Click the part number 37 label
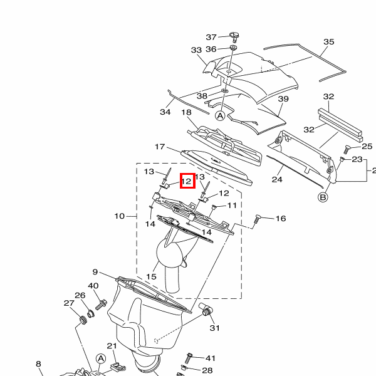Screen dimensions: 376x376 coord(211,37)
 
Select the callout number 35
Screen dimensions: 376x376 coord(328,42)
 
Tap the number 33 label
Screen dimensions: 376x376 coord(196,50)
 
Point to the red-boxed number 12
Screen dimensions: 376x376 coord(187,181)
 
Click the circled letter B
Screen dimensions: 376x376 coord(323,197)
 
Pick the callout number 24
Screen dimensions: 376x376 coord(277,179)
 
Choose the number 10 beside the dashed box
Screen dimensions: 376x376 coord(120,216)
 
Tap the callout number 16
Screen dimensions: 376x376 coord(281,219)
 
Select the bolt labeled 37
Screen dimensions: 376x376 coord(234,37)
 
